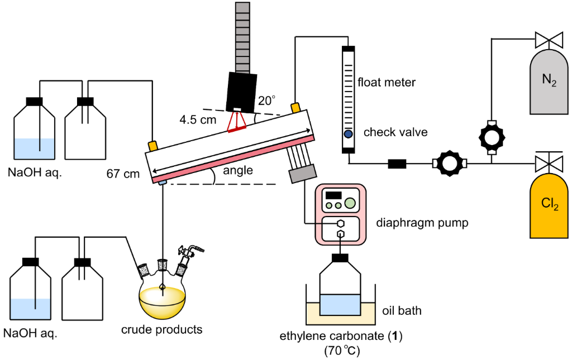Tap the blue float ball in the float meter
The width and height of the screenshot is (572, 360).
(348, 134)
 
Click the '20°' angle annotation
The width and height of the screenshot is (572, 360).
(266, 101)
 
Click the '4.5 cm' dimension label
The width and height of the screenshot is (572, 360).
(198, 119)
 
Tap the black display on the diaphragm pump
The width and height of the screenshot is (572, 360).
(333, 195)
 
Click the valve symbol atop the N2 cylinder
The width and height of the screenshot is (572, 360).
(549, 40)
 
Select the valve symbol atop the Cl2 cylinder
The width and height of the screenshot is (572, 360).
(549, 164)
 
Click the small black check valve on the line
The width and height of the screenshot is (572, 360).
(397, 164)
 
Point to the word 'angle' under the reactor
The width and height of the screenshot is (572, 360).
(237, 171)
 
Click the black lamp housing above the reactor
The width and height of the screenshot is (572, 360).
(241, 92)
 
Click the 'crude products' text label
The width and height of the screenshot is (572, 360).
(162, 329)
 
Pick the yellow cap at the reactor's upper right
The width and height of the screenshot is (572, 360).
(295, 107)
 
